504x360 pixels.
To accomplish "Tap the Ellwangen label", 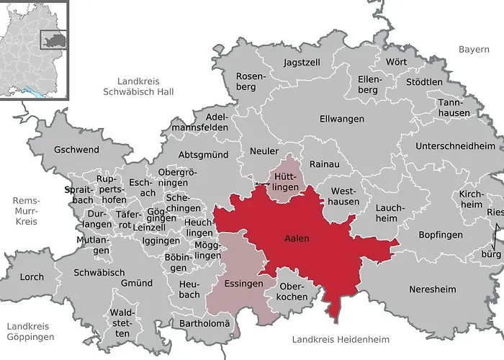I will coord(342,119).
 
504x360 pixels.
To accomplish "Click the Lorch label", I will coord(31,276).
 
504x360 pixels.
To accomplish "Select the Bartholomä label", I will coord(204,323).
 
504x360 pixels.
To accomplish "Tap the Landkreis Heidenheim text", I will coord(341,338).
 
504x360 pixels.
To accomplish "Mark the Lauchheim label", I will coord(386,213).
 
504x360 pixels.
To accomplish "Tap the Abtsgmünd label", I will coord(203,154).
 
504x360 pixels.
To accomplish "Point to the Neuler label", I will coord(264,151).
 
